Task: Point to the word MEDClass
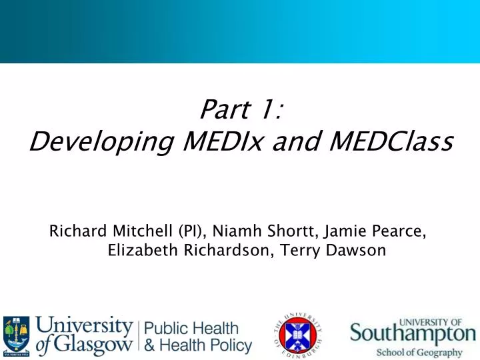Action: [379, 141]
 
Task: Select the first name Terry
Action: [292, 251]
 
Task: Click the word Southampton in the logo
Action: [413, 333]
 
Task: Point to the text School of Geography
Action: [419, 352]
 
